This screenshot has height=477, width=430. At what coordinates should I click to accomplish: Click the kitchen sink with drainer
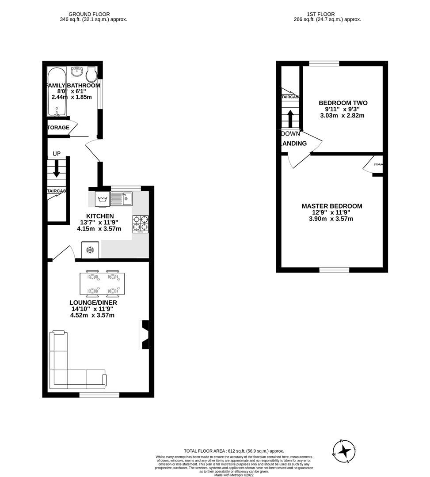(x=121, y=198)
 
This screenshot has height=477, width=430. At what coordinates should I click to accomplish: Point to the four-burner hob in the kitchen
(x=140, y=223)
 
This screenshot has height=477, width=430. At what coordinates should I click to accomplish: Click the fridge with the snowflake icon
(x=90, y=250)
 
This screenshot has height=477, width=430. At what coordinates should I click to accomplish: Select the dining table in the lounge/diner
(x=102, y=284)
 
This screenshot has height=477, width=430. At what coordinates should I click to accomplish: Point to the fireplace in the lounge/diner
(x=145, y=335)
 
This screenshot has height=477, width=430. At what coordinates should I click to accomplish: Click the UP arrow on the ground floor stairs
(x=57, y=168)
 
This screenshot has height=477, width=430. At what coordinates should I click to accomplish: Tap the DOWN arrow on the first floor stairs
(x=290, y=118)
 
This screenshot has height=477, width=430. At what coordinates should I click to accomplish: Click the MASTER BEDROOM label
(x=332, y=206)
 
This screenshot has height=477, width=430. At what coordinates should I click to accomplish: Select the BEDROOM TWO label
(x=343, y=103)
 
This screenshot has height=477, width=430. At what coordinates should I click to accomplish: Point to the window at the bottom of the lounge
(x=99, y=394)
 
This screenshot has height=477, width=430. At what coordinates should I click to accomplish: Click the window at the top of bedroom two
(x=324, y=64)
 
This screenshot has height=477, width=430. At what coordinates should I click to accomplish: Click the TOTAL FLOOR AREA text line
(x=234, y=451)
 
